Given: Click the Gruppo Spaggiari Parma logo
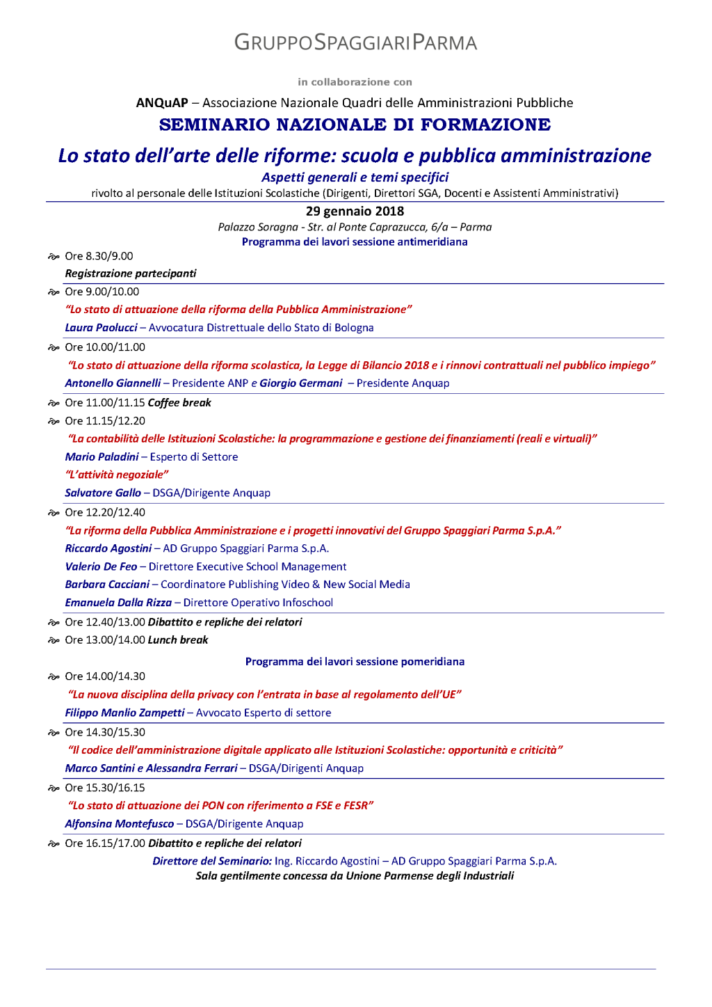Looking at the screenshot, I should [x=355, y=42].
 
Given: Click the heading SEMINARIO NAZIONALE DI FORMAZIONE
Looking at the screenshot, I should [x=355, y=125].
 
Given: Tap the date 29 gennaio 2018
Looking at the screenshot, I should [x=355, y=211].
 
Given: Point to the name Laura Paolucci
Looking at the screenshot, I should [x=101, y=328].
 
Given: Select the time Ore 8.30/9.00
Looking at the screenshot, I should [x=99, y=256].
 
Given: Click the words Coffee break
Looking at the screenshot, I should [x=179, y=403].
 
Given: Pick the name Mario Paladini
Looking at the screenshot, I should [x=102, y=457].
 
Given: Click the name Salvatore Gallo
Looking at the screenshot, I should [x=103, y=493].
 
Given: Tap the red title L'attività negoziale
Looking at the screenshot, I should [x=117, y=475].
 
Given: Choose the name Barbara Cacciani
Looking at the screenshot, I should [x=107, y=585].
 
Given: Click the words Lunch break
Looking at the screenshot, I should [x=178, y=640].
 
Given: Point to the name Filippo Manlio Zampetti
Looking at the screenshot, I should [x=124, y=713].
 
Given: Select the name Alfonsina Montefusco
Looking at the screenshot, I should [x=120, y=824].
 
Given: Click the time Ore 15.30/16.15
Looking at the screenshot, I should [x=105, y=788].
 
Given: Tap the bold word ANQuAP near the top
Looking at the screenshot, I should [x=162, y=103].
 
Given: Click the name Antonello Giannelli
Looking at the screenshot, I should [x=113, y=383].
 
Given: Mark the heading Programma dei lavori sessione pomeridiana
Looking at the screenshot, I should [x=355, y=662].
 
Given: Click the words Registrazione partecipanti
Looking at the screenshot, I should [x=131, y=273].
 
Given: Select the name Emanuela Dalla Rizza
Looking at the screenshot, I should [x=118, y=603].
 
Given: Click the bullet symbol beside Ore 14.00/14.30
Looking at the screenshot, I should [x=54, y=676].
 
